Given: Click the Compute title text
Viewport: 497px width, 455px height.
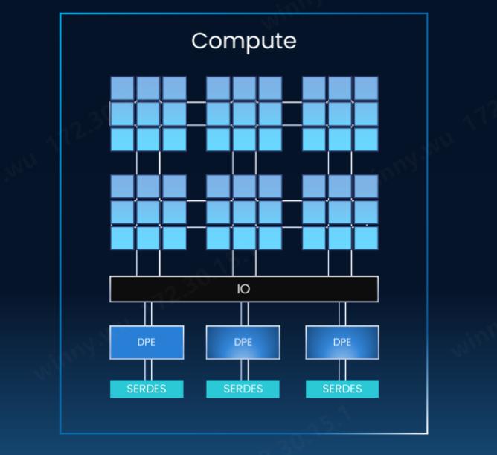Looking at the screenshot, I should (243, 40).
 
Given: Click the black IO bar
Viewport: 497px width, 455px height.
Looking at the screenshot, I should (243, 289).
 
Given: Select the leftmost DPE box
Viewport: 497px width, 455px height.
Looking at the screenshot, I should (147, 343).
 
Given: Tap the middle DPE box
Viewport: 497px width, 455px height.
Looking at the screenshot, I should (243, 343).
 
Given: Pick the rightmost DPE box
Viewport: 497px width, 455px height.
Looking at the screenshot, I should (342, 343).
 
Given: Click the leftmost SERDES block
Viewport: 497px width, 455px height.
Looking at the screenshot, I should (147, 389).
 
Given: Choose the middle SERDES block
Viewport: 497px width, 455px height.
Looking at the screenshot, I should (243, 389).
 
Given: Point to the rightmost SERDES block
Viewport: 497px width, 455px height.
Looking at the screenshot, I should (342, 389).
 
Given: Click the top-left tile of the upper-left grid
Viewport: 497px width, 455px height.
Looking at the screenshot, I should (122, 89).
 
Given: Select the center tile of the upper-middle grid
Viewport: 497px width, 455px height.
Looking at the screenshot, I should (244, 114).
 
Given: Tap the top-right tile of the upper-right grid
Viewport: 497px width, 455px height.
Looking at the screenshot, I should (365, 89).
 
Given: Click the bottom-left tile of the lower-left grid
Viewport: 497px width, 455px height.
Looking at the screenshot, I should (122, 238).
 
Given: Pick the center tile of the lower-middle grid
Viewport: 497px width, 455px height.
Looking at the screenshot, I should (244, 212).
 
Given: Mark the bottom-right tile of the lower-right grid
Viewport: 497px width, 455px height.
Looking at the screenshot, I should (365, 238).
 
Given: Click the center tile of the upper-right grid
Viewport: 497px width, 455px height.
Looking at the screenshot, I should (340, 114).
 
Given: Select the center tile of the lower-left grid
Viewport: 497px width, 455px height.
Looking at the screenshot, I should (148, 212).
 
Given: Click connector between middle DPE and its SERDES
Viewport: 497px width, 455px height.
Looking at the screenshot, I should (243, 370).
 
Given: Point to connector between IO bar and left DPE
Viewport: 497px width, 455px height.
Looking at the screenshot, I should (147, 314).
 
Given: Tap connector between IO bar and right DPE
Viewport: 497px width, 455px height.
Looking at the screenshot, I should (342, 314).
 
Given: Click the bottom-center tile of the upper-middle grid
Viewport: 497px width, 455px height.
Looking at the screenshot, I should (244, 139).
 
